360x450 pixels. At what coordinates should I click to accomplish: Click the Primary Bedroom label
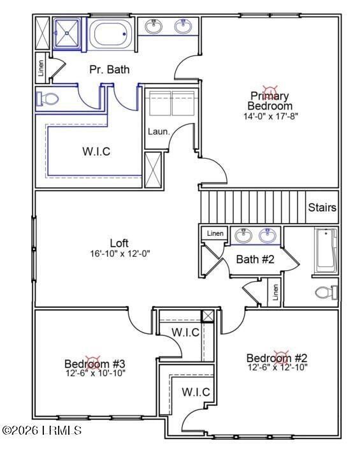[x=270, y=101]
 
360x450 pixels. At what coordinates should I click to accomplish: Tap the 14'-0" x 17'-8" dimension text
[x=270, y=117]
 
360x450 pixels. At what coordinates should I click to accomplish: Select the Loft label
[x=119, y=243]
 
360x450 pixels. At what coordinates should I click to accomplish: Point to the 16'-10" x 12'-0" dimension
[x=120, y=254]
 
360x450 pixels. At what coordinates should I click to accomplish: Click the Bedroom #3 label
[x=90, y=364]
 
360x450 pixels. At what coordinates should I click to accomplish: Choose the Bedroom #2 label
[x=277, y=358]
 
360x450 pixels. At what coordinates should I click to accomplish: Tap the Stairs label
[x=322, y=208]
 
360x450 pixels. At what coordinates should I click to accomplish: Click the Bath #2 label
[x=255, y=259]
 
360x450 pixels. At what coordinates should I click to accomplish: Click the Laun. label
[x=159, y=131]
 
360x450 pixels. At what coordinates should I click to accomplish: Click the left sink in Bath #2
[x=243, y=236]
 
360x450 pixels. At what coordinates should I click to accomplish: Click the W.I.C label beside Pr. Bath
[x=97, y=151]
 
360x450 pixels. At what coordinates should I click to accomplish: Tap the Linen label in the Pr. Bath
[x=41, y=68]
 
